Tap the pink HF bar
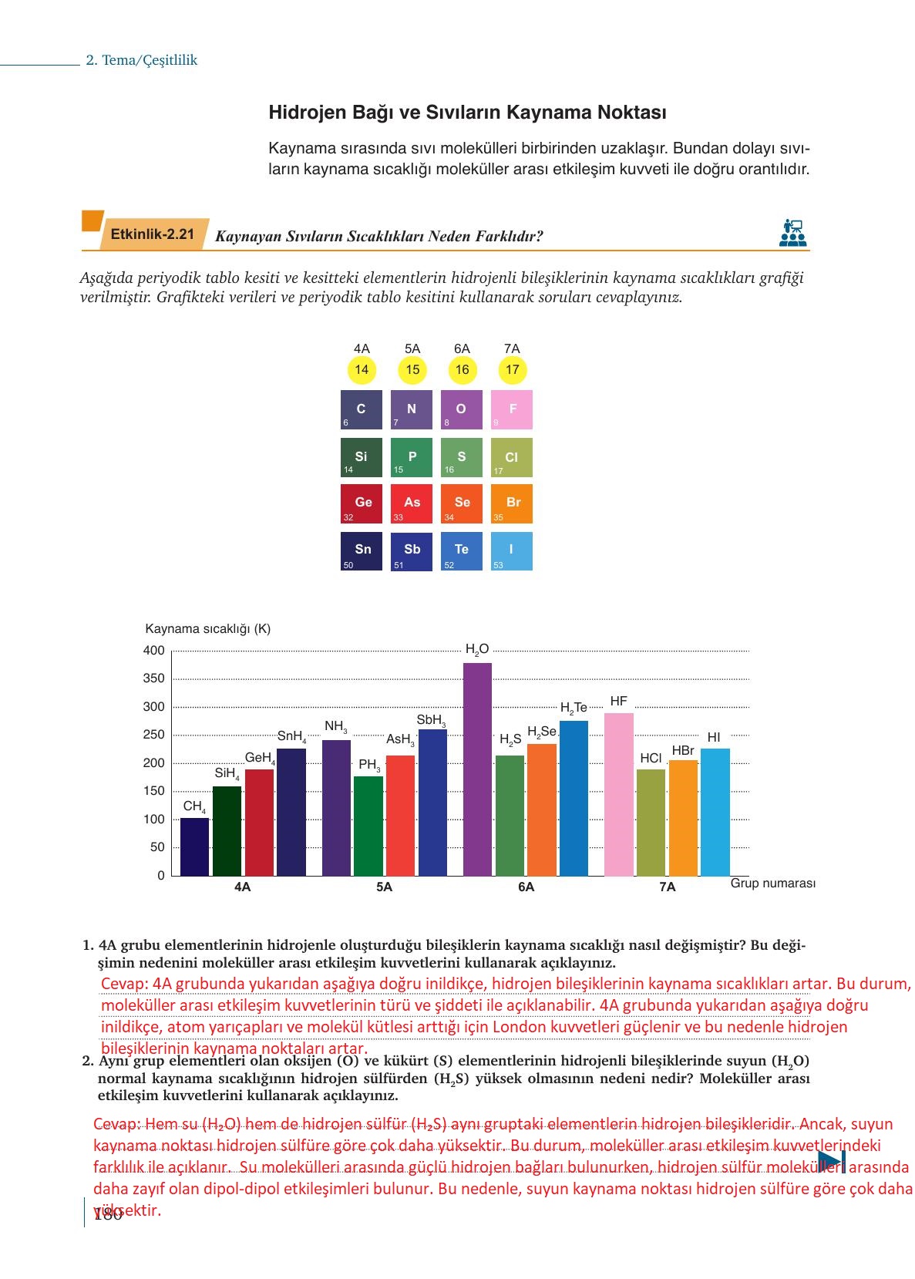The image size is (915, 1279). point(618,794)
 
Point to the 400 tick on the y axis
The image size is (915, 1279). point(154,651)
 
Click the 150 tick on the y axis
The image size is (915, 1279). point(154,791)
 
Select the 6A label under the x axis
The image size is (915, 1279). point(526,887)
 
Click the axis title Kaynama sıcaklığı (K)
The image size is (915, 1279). point(207,628)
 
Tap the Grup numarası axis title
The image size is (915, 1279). point(772,884)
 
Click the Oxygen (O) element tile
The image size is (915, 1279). point(461,409)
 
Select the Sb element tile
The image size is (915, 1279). point(412,550)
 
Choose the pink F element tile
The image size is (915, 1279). point(512,409)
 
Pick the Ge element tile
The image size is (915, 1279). point(362,503)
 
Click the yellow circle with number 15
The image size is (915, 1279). point(412,370)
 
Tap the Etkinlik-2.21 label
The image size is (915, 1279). point(153,234)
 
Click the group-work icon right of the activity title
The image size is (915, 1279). point(792,233)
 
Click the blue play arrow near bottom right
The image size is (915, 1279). point(831,1161)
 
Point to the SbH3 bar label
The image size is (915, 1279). point(431,720)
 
